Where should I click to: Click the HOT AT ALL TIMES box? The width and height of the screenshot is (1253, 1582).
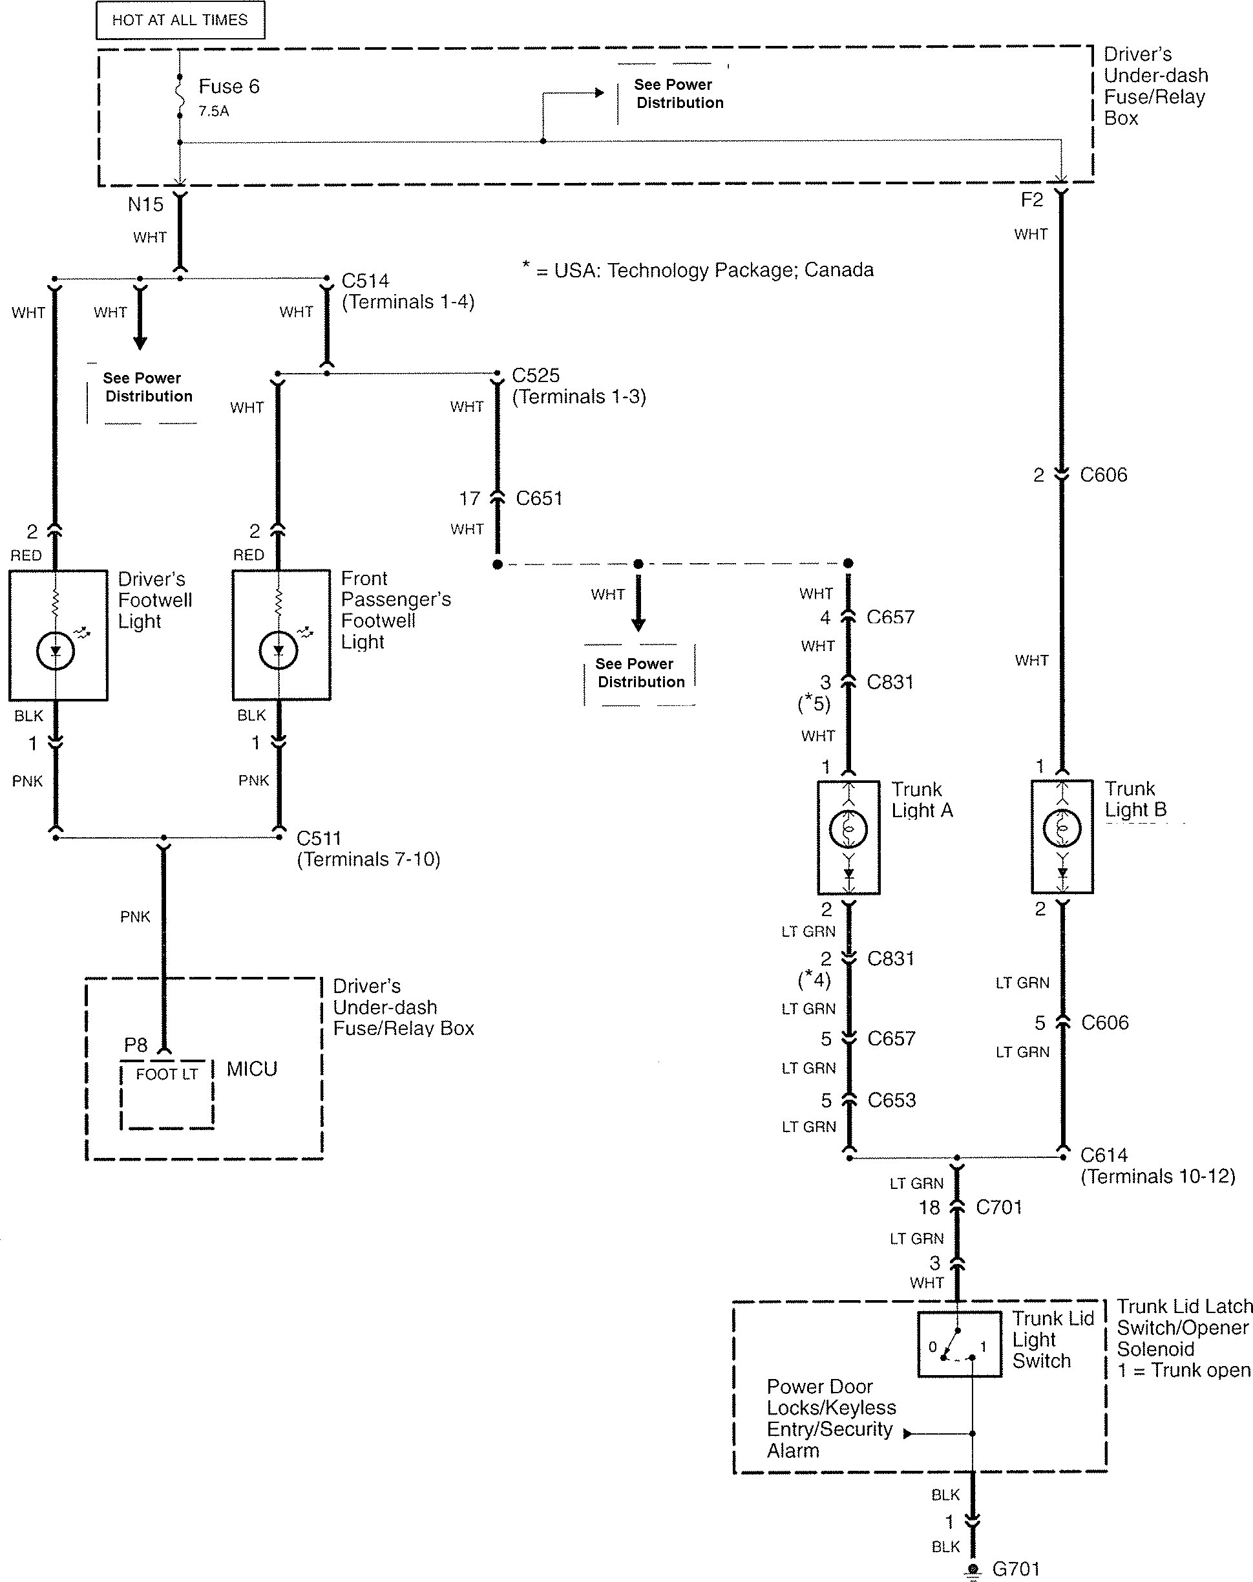pyautogui.click(x=180, y=20)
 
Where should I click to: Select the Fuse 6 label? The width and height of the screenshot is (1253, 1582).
pyautogui.click(x=229, y=87)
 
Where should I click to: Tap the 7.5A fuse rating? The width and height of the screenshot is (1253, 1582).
pyautogui.click(x=213, y=112)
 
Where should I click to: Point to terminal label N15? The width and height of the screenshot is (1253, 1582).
pyautogui.click(x=145, y=205)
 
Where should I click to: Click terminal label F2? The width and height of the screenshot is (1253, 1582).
pyautogui.click(x=1031, y=200)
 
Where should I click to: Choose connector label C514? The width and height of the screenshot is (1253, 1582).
pyautogui.click(x=365, y=281)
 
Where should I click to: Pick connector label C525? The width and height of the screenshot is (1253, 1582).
pyautogui.click(x=536, y=376)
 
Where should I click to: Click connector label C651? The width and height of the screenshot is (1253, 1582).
pyautogui.click(x=539, y=498)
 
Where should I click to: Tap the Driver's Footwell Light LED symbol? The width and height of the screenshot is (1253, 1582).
pyautogui.click(x=56, y=650)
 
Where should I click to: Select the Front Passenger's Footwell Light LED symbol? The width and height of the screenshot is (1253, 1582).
pyautogui.click(x=279, y=650)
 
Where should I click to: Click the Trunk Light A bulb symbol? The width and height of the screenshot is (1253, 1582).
pyautogui.click(x=848, y=830)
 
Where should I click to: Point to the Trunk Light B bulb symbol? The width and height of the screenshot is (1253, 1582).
pyautogui.click(x=1062, y=830)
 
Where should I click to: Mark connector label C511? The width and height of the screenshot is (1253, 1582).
pyautogui.click(x=319, y=838)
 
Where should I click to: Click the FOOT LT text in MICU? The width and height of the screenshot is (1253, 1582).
pyautogui.click(x=167, y=1074)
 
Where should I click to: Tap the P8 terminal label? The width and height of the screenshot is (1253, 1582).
pyautogui.click(x=136, y=1045)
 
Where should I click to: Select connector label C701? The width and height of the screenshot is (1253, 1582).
pyautogui.click(x=998, y=1207)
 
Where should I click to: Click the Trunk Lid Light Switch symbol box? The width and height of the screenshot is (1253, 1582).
pyautogui.click(x=959, y=1344)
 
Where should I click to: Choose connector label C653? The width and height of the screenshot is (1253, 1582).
pyautogui.click(x=891, y=1100)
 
